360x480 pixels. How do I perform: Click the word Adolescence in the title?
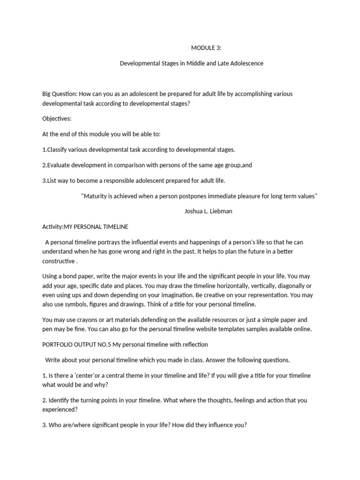(x=246, y=63)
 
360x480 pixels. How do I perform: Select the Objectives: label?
(x=57, y=119)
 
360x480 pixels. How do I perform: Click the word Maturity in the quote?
(x=97, y=196)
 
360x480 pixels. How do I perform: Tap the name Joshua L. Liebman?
(x=208, y=211)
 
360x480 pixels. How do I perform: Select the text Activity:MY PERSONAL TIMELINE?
(x=85, y=227)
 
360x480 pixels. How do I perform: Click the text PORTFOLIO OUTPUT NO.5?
(x=79, y=345)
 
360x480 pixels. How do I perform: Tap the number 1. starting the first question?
(x=45, y=375)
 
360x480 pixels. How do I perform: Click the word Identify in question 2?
(x=60, y=400)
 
